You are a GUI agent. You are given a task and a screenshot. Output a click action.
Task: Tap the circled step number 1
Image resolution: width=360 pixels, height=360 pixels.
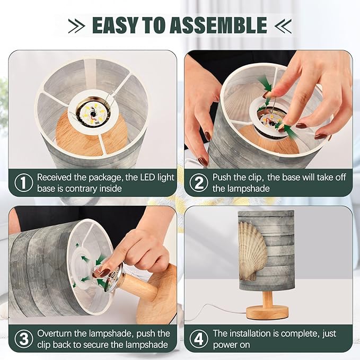tap(24, 183)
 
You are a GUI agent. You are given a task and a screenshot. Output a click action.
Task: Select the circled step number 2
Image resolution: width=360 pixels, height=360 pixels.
tap(199, 183)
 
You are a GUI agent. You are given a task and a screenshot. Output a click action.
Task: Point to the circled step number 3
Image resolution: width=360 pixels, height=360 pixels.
tap(24, 339)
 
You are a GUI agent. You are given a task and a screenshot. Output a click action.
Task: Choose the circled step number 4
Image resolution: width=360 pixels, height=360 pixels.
tap(199, 339)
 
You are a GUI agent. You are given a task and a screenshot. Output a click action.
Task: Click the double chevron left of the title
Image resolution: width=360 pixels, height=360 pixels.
tap(77, 26)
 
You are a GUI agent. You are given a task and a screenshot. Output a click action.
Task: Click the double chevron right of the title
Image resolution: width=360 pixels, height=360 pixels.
tap(283, 26)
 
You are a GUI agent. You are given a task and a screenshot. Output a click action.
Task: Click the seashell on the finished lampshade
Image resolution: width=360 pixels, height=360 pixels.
tap(252, 251)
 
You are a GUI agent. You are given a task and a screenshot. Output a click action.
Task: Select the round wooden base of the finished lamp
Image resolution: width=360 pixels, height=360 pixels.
tap(267, 312)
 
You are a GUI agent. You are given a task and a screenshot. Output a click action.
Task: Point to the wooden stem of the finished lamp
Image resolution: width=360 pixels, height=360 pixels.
tap(268, 298)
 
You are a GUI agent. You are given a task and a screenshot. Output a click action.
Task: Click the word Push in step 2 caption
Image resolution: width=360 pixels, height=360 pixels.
tap(222, 178)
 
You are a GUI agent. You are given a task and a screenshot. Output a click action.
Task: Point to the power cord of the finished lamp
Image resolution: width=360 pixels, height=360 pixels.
tap(216, 311)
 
